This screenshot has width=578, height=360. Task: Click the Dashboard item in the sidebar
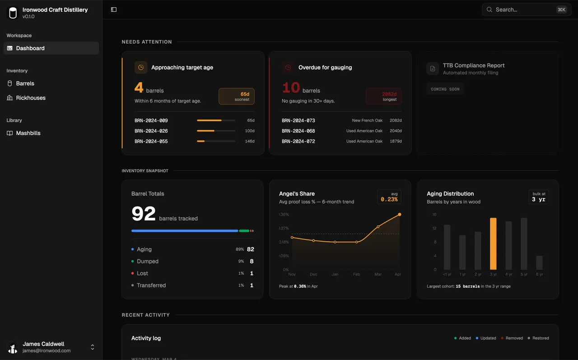30,48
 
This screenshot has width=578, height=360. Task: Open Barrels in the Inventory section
25,84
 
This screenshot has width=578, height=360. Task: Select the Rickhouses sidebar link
31,98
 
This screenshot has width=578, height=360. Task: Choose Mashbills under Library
28,133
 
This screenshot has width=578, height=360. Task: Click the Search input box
524,9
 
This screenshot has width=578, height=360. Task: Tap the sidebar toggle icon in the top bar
114,9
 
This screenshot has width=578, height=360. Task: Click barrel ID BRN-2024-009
151,121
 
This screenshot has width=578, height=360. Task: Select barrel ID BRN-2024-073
298,121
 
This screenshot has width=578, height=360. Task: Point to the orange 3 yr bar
493,244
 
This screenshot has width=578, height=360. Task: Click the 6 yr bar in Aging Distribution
539,262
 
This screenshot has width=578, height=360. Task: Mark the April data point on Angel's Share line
400,215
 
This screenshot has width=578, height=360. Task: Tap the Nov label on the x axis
292,274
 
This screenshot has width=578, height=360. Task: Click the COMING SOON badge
445,89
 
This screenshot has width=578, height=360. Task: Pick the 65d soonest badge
237,96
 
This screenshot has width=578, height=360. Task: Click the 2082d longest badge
384,96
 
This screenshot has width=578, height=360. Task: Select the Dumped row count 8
252,261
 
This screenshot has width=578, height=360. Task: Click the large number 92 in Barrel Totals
144,214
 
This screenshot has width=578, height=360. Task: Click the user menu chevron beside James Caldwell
93,347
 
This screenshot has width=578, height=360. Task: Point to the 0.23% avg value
389,199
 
